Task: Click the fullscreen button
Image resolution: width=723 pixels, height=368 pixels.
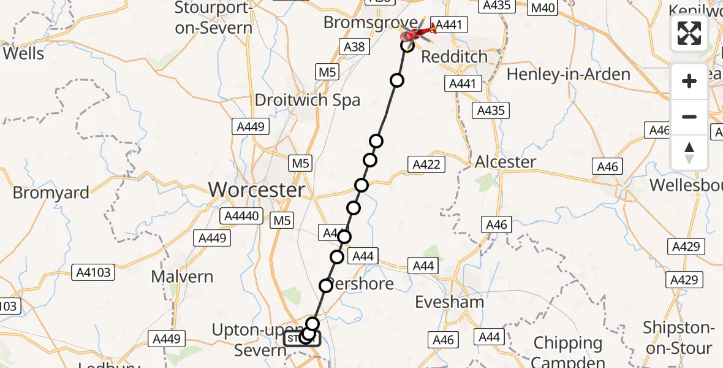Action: [x=689, y=33]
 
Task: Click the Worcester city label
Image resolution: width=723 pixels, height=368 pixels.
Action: [x=257, y=190]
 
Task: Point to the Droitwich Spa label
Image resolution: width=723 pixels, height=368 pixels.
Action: [x=308, y=101]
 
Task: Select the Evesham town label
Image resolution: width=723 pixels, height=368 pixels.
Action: [x=449, y=302]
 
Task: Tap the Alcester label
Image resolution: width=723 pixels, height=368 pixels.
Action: [x=505, y=162]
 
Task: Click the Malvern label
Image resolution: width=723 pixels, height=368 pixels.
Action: [x=182, y=277]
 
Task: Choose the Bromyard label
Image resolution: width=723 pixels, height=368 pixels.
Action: [x=51, y=193]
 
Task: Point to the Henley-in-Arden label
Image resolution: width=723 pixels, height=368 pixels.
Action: [x=569, y=75]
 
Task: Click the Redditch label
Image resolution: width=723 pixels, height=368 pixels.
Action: [x=454, y=57]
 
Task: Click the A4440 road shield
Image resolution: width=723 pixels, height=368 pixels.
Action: [x=243, y=216]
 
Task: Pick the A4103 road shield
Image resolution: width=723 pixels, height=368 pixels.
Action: [x=92, y=272]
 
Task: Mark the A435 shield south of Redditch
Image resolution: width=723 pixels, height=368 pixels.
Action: [x=490, y=110]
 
